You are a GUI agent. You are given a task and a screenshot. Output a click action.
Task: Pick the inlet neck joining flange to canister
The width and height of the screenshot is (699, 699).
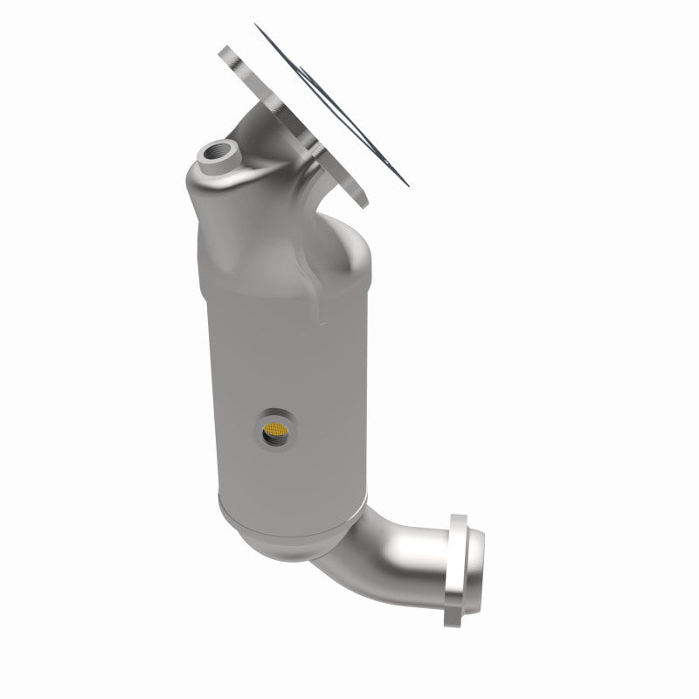point(280,157)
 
